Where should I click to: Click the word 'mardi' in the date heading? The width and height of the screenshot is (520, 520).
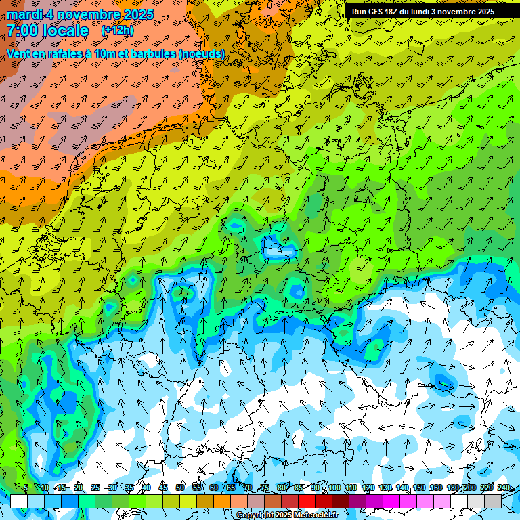(26, 14)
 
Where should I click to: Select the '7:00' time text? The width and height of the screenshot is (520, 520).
(23, 30)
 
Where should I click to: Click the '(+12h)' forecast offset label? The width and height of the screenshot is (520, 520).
(117, 30)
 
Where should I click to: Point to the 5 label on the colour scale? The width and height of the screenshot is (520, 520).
(26, 487)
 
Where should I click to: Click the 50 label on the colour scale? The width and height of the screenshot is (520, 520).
(180, 487)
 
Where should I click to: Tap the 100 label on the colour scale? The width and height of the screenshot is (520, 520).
(334, 487)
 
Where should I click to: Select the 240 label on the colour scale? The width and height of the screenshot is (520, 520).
(504, 487)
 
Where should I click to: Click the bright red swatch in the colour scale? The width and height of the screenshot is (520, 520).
(307, 501)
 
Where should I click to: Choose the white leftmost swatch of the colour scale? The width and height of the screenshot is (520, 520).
(19, 501)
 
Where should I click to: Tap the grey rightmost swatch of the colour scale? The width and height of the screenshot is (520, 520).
(493, 501)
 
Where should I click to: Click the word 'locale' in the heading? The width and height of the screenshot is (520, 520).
(65, 30)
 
